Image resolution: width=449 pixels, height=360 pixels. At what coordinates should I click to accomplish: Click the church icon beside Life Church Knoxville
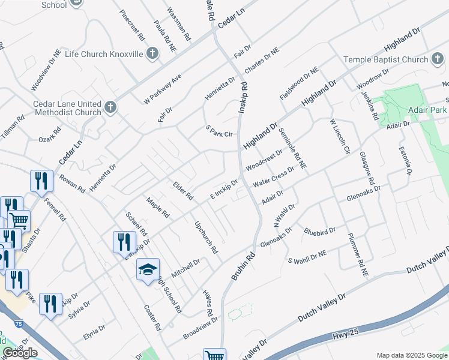(152, 54)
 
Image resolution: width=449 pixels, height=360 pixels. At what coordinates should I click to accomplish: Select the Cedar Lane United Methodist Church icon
(110, 108)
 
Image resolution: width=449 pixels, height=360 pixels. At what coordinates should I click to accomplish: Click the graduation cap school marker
(147, 270)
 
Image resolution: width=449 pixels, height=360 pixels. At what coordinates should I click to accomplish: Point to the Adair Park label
(428, 111)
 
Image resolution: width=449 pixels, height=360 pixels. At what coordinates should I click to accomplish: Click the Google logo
(20, 353)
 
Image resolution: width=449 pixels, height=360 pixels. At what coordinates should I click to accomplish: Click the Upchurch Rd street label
(205, 236)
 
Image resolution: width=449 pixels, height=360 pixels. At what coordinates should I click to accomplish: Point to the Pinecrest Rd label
(133, 25)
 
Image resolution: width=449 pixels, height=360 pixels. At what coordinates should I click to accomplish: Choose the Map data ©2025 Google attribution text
(412, 355)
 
